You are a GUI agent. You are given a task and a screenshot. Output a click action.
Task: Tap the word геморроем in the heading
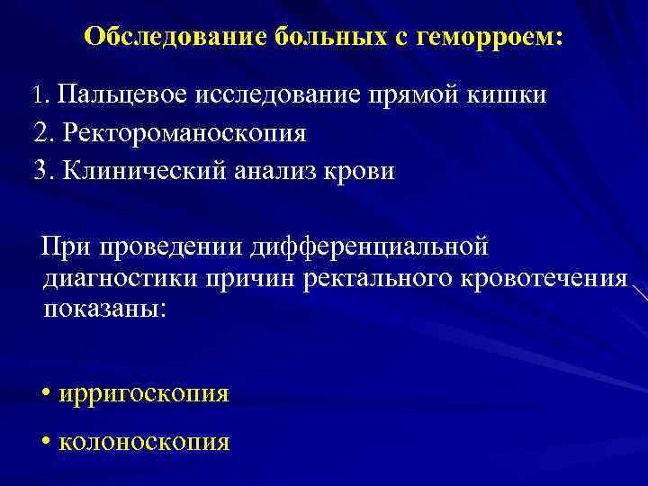(x=491, y=38)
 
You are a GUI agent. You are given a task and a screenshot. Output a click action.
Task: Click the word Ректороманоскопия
(x=185, y=133)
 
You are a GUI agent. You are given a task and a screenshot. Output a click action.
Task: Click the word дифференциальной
(x=371, y=246)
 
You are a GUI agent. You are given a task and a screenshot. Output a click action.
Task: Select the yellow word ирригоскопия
(x=142, y=394)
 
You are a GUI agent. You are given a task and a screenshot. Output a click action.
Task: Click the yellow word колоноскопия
(x=143, y=442)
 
